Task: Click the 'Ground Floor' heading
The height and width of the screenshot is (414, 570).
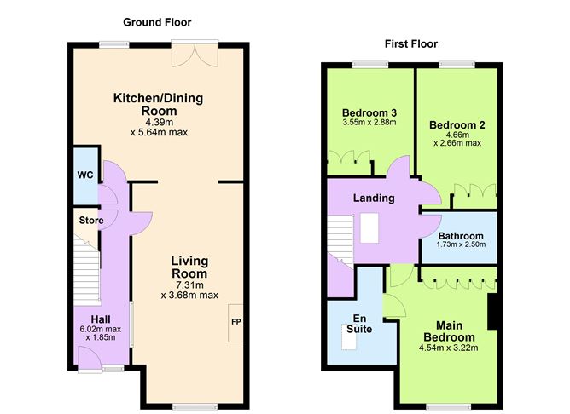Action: [157, 22]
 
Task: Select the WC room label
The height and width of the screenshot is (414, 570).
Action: [85, 175]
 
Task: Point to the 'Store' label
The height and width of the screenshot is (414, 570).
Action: [91, 221]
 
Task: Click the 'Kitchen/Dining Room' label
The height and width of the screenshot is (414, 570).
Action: [158, 105]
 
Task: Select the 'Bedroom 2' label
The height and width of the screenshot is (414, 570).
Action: [457, 125]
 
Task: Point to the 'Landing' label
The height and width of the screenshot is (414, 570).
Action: [374, 198]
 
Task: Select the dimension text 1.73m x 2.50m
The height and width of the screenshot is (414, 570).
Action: [461, 245]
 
